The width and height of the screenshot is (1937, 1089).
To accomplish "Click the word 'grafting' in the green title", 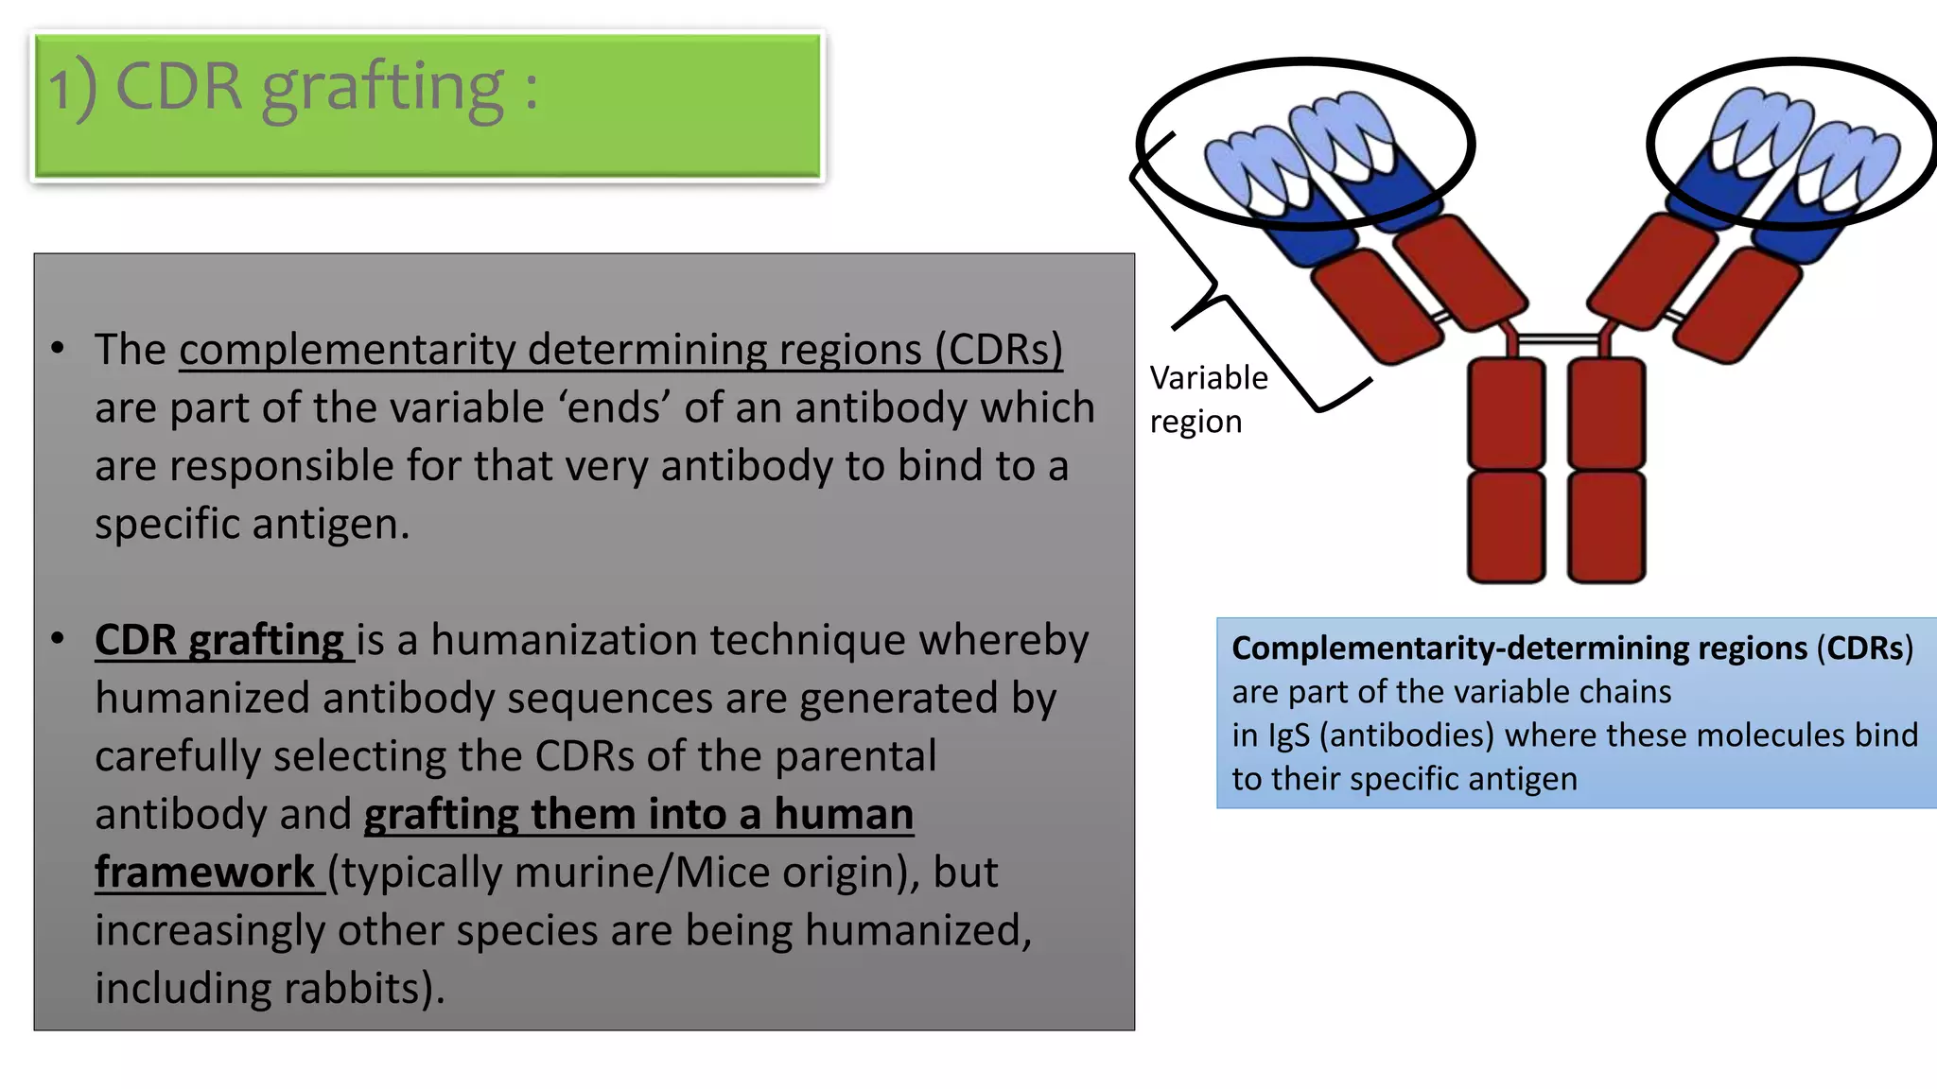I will (x=382, y=89).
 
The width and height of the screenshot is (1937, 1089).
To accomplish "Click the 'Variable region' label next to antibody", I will (x=1207, y=399).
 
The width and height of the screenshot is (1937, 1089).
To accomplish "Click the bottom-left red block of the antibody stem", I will (x=1506, y=527).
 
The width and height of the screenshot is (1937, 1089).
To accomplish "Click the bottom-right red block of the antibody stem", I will (x=1606, y=527).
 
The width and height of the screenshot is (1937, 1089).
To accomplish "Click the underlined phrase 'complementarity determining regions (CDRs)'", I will (x=620, y=350).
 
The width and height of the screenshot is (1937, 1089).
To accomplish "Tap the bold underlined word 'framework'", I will (x=204, y=873).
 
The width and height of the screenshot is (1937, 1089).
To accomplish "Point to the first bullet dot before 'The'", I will (x=58, y=349).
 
